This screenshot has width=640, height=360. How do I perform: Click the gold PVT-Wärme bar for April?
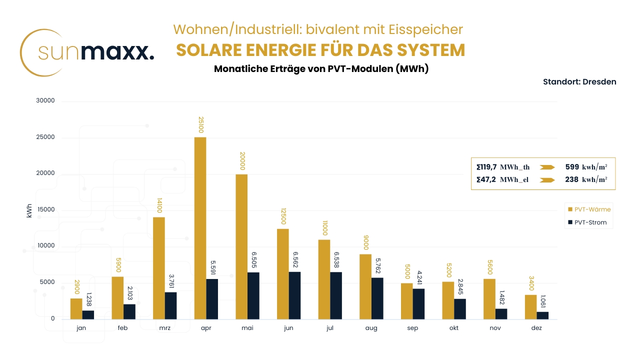[x=200, y=228]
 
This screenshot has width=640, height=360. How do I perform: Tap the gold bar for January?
[x=76, y=308]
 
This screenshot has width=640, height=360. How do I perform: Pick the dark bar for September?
[x=418, y=304]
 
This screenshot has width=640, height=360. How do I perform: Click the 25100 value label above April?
[x=200, y=125]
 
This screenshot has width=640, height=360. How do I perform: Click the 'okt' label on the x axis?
[x=454, y=328]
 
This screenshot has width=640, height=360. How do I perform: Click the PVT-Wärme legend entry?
[x=588, y=209]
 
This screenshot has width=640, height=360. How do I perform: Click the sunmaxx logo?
[x=87, y=52]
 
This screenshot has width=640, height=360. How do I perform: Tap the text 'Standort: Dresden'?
[x=579, y=81]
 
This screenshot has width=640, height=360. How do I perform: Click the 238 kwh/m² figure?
[x=586, y=180]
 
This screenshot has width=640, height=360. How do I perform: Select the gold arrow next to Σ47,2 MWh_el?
[x=547, y=180]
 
